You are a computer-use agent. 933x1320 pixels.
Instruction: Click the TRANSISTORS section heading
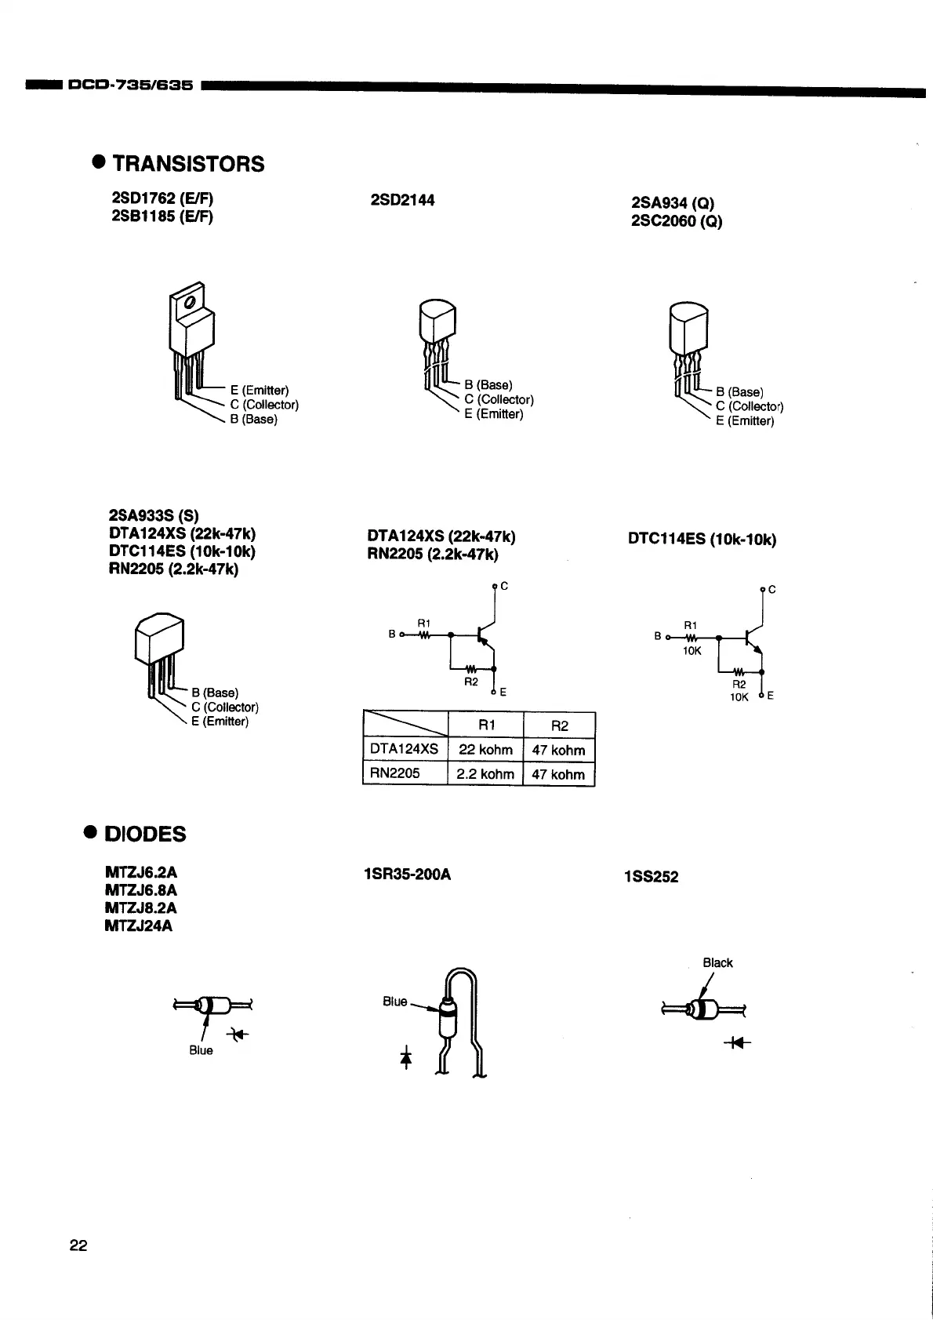[188, 164]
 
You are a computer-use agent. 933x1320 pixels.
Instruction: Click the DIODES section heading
[145, 834]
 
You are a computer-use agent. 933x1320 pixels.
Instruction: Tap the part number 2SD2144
[402, 200]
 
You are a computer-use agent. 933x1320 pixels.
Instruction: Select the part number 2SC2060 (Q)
[677, 221]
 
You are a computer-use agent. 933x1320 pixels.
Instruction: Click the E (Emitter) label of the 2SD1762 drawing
[260, 391]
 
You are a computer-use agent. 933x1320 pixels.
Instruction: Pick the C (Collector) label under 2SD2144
[499, 399]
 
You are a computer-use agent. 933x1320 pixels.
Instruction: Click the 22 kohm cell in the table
[485, 750]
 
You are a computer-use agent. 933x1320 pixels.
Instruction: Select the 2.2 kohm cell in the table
[485, 774]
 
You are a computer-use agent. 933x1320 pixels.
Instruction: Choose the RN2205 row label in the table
[395, 773]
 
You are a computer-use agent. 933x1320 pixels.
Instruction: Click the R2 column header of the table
[559, 725]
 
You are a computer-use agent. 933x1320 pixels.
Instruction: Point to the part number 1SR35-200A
[408, 874]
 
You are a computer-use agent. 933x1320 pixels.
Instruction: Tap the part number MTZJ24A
[139, 925]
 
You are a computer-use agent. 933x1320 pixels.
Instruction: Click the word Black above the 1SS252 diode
[717, 962]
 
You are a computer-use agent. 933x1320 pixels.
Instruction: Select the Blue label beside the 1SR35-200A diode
[395, 1002]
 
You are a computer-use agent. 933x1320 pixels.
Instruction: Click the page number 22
[78, 1245]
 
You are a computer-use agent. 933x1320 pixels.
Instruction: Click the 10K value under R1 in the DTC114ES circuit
[691, 651]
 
